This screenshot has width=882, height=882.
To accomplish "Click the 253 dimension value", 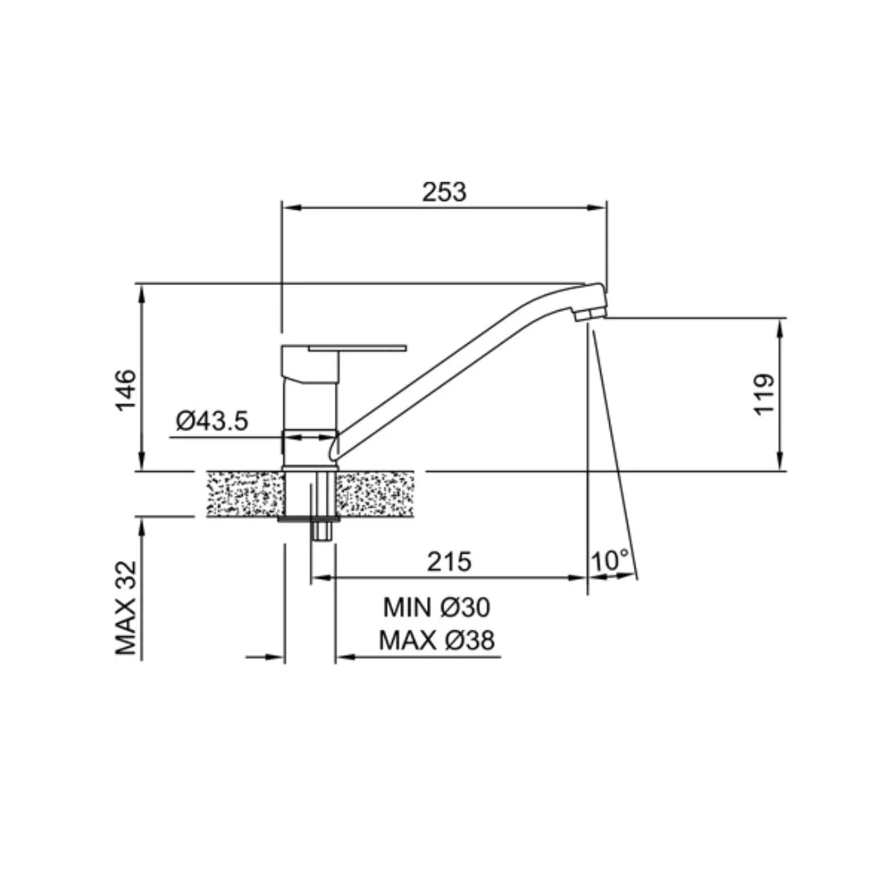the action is click(x=444, y=192).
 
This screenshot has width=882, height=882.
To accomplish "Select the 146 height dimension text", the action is click(x=126, y=390).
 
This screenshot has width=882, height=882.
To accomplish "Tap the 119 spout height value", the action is click(x=764, y=394).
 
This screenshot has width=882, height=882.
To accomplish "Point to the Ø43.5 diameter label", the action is click(x=212, y=421).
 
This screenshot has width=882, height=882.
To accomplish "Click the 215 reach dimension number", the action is click(x=449, y=561).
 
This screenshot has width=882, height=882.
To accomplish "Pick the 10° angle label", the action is click(x=610, y=560).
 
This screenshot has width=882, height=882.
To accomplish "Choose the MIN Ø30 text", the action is click(x=436, y=608).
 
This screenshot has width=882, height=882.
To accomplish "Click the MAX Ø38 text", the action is click(x=436, y=640).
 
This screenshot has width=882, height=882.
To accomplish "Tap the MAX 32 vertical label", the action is click(x=126, y=608).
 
